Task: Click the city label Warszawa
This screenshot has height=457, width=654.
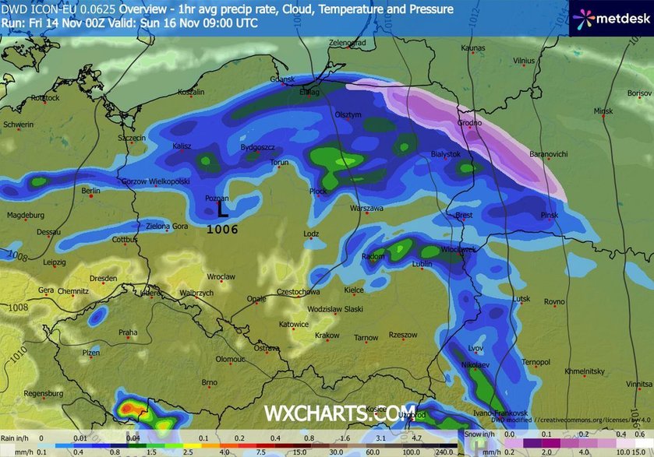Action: (x=366, y=209)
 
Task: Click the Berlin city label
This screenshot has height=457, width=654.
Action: (x=92, y=191)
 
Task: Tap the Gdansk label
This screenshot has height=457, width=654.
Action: (x=281, y=79)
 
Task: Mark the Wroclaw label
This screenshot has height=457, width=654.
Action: (x=221, y=277)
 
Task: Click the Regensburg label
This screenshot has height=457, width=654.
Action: (x=43, y=394)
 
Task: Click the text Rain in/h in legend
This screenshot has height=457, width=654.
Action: (x=17, y=438)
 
